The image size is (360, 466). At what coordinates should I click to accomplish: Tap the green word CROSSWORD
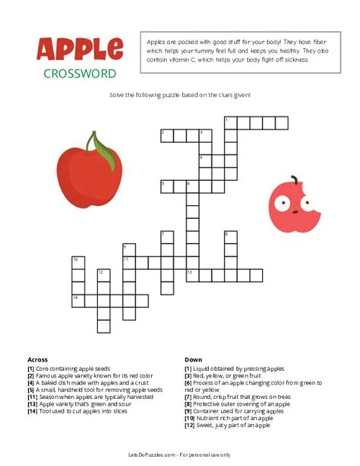(x=80, y=74)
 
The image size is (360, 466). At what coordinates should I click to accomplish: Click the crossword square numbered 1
(x=228, y=122)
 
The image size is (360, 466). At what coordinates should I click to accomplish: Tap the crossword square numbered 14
(x=76, y=299)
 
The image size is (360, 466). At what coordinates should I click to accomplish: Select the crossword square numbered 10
(x=76, y=262)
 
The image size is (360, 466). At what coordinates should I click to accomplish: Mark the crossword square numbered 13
(x=191, y=274)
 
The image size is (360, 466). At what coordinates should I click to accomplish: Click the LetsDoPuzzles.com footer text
(x=180, y=454)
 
